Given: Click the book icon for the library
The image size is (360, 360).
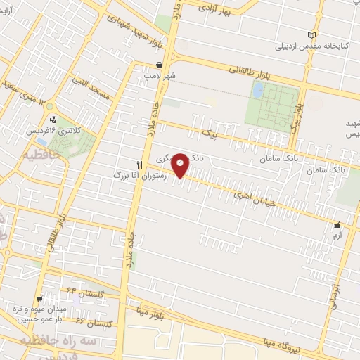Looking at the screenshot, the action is pyautogui.click(x=312, y=35).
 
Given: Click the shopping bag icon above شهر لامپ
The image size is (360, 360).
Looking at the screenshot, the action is pyautogui.click(x=160, y=64).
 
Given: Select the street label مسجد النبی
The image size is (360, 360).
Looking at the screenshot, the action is pyautogui.click(x=92, y=89).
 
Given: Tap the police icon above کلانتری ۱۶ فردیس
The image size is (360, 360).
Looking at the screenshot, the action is pyautogui.click(x=51, y=120).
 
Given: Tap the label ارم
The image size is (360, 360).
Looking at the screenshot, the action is pyautogui.click(x=336, y=236).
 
